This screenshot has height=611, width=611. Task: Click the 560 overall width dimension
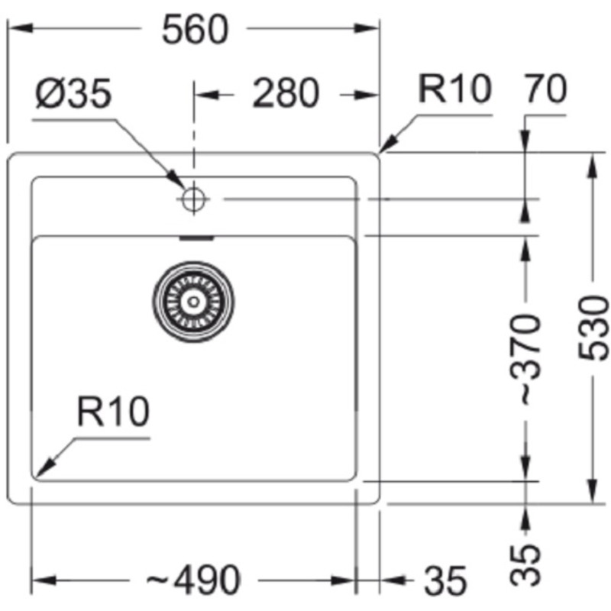(196, 29)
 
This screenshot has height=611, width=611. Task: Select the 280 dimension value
(285, 94)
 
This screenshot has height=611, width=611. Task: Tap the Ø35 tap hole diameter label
(73, 95)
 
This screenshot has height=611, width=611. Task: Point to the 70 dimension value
(545, 91)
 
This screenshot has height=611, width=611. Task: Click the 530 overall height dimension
(595, 328)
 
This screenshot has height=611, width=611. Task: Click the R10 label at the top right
(454, 90)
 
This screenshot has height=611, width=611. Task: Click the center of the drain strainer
(192, 300)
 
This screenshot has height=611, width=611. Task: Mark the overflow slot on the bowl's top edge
(194, 238)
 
